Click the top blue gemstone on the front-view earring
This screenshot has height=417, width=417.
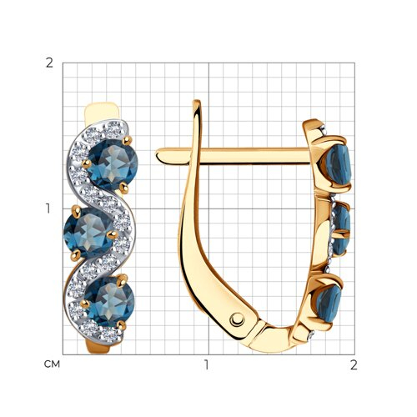[113, 165]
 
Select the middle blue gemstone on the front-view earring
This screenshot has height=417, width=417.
[88, 233]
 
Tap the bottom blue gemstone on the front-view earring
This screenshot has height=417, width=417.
[109, 301]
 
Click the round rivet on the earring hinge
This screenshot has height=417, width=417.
[237, 319]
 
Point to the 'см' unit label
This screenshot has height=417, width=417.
[52, 364]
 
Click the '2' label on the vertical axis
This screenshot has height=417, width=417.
[49, 63]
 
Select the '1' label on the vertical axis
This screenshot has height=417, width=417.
[48, 208]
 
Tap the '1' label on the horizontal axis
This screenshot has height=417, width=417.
[206, 364]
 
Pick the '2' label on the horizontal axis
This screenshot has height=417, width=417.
[354, 364]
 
